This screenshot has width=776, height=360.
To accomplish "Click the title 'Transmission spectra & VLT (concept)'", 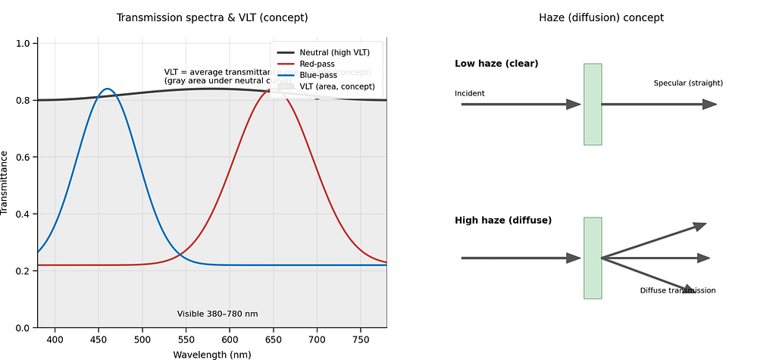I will [212, 17].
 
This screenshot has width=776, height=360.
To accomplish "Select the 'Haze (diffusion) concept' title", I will [601, 17].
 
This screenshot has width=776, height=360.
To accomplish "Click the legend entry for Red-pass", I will [317, 64].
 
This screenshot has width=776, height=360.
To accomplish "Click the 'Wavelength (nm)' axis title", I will [212, 354].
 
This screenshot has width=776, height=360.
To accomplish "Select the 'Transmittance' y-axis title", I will [5, 183].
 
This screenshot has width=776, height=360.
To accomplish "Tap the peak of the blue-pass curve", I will [108, 89].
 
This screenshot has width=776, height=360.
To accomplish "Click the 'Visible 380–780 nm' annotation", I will [217, 314].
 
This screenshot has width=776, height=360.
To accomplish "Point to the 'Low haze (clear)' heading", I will [496, 64].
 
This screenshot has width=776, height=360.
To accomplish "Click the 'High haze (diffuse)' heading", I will [503, 221].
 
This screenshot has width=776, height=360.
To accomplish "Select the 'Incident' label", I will [470, 93].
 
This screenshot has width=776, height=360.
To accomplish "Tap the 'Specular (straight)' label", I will [688, 83].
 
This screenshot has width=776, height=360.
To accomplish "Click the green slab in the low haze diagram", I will [593, 104].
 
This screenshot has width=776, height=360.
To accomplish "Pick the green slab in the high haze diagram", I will [593, 258].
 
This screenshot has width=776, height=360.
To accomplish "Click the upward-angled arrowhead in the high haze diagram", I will [699, 226].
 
